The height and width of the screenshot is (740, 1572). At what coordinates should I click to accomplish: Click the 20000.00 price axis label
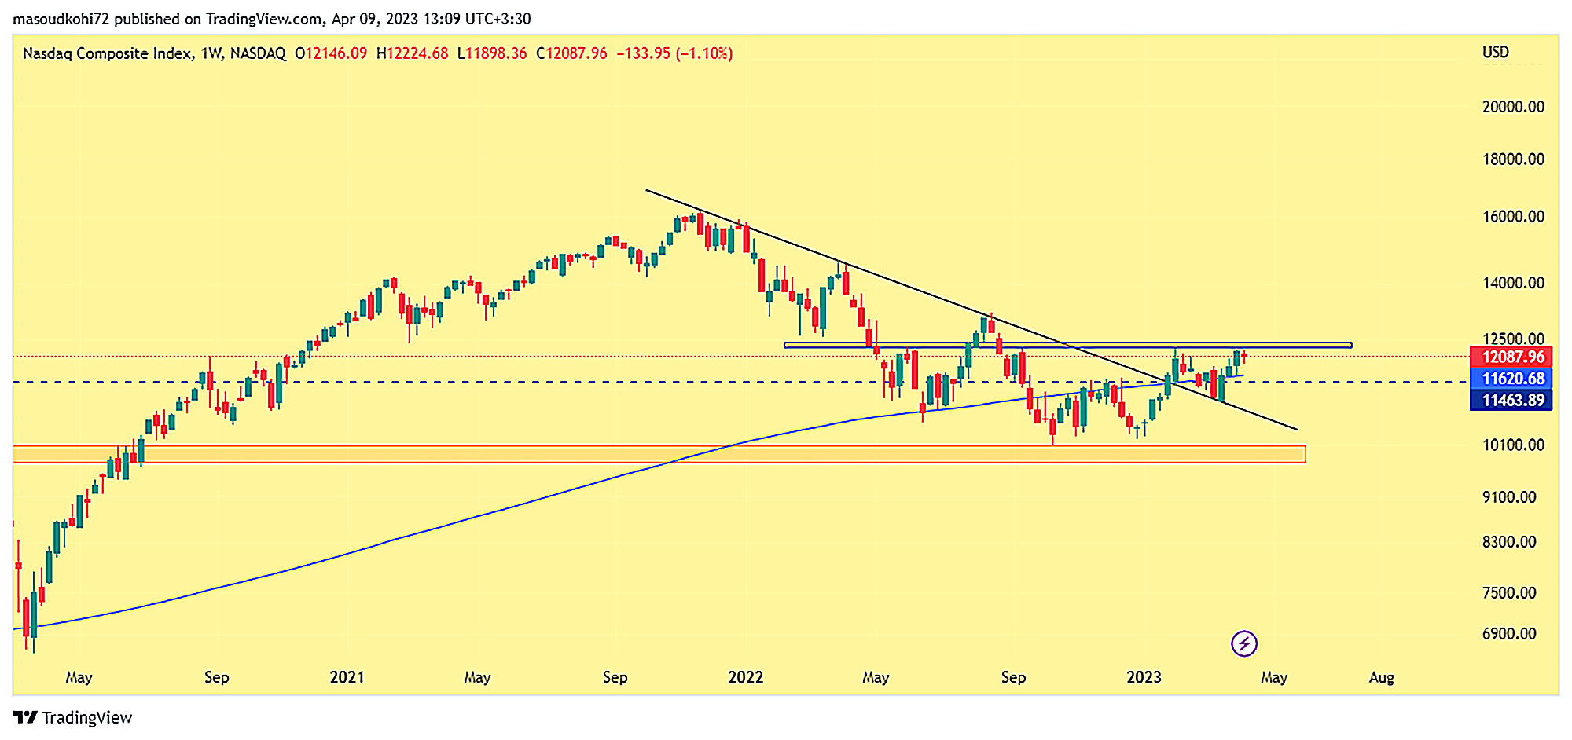click(1513, 107)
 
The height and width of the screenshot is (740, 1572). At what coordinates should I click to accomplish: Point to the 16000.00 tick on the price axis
click(1513, 217)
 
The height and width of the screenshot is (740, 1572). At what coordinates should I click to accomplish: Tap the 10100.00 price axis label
click(1513, 445)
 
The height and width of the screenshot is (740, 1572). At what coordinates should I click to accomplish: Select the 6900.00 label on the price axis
click(1509, 634)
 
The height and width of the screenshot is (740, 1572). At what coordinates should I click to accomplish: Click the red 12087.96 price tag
click(1511, 357)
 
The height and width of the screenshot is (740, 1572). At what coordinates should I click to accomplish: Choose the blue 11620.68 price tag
click(1511, 379)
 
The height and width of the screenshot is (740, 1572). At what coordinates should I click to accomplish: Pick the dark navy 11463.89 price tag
click(1511, 401)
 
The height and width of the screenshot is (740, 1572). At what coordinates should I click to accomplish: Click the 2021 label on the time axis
click(347, 677)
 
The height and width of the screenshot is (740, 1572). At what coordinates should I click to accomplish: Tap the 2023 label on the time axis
click(1144, 677)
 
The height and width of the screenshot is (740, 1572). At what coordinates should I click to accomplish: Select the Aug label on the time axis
click(1381, 677)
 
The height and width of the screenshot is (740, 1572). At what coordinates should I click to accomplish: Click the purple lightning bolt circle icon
click(1244, 644)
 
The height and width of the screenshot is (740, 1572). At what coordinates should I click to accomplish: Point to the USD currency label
click(1495, 53)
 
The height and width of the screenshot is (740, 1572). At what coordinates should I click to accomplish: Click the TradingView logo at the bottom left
click(72, 717)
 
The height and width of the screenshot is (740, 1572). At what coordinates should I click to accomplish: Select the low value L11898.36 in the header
click(492, 53)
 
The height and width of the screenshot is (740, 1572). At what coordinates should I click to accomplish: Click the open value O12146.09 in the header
click(331, 53)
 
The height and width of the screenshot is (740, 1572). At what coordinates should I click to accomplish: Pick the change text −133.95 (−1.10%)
click(674, 53)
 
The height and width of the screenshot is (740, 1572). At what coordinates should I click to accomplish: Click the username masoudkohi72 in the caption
click(61, 19)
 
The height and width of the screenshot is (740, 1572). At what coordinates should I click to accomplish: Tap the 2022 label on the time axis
click(745, 677)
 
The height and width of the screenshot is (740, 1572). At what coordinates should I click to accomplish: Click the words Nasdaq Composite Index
click(108, 53)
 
